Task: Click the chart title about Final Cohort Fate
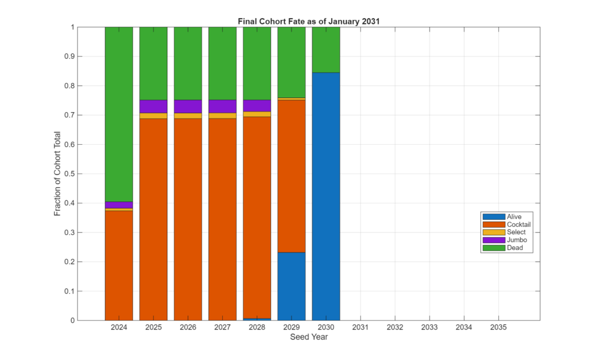(308, 22)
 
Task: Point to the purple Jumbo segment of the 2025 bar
(153, 106)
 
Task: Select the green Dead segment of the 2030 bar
(326, 50)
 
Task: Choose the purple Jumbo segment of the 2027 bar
(223, 106)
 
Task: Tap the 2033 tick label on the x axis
(429, 327)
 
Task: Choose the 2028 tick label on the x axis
(257, 327)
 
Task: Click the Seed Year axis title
(308, 337)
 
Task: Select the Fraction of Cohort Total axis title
(58, 173)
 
